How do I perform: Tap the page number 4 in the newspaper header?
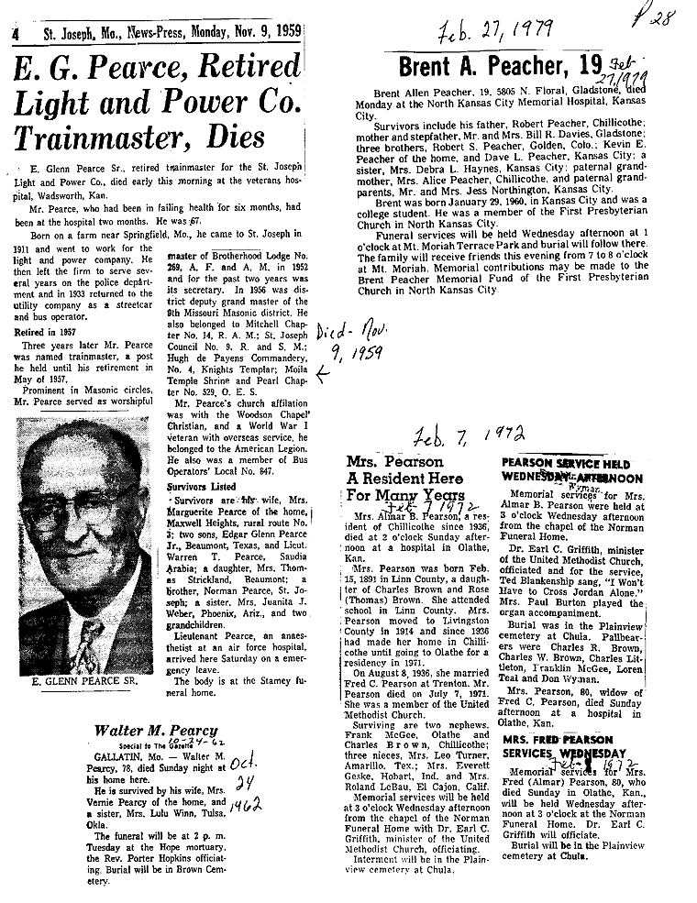point(16,35)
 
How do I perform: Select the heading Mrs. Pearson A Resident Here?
point(403,479)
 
